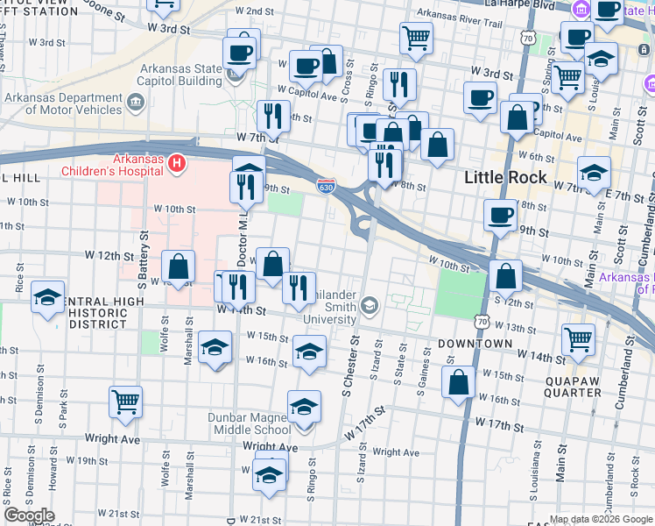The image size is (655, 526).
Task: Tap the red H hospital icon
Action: pyautogui.click(x=178, y=163)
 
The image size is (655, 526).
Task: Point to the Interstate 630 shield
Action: pyautogui.click(x=325, y=186)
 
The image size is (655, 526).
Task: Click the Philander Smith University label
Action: pyautogui.click(x=330, y=308)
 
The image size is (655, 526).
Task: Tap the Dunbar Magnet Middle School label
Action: pyautogui.click(x=249, y=423)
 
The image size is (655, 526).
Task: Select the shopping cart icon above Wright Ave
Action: pyautogui.click(x=126, y=402)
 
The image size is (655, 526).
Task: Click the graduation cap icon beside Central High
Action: pyautogui.click(x=47, y=296)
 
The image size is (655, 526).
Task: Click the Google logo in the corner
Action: pyautogui.click(x=29, y=515)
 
